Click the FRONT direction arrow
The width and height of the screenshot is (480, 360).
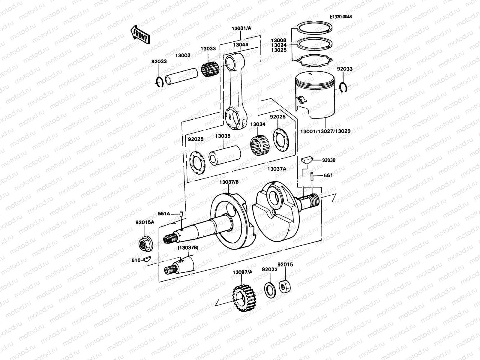pyautogui.click(x=140, y=34)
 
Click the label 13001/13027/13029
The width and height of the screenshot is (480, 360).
pyautogui.click(x=325, y=131)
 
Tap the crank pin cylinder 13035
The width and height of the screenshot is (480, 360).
pyautogui.click(x=225, y=155)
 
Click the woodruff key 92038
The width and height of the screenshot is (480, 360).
pyautogui.click(x=306, y=159)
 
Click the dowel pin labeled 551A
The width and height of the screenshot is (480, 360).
pyautogui.click(x=181, y=214)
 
